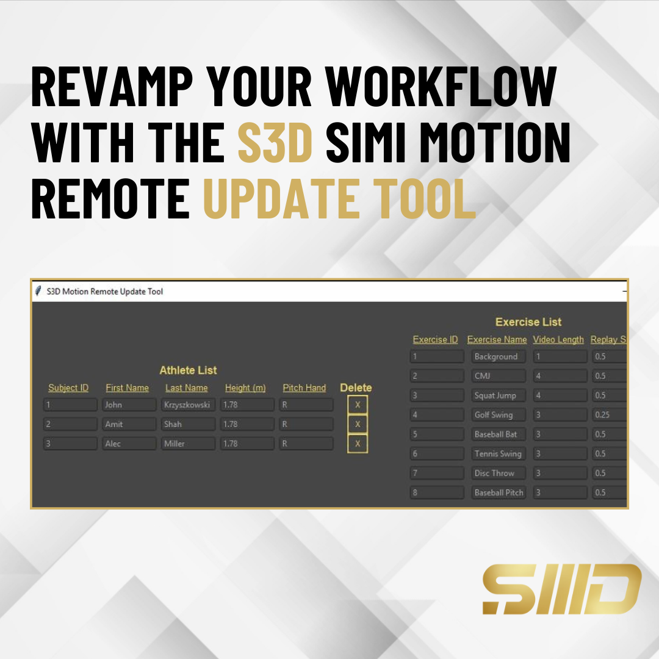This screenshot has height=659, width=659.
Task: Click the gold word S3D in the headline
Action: coord(275,142)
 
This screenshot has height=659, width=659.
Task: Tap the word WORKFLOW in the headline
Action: coord(441,86)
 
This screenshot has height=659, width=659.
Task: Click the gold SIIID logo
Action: coord(562,589)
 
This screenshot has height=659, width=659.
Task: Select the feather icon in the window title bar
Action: coord(38,291)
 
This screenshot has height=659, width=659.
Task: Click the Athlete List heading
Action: coord(188,370)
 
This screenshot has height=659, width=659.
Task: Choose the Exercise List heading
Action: coord(528,322)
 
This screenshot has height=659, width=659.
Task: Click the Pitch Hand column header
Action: coord(304,388)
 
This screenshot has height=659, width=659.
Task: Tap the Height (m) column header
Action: coord(245,388)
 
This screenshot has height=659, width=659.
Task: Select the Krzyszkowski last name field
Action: coord(188,405)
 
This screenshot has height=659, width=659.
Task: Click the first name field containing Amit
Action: coord(129,424)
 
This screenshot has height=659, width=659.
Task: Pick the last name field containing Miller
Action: coord(188,444)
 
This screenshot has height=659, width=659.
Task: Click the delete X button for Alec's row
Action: coord(358,444)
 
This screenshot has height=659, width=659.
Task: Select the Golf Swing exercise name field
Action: coord(499,415)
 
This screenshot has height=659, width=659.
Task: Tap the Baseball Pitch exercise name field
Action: coord(499,492)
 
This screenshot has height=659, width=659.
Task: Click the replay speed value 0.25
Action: coord(602,415)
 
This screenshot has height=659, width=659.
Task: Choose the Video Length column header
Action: coord(558,340)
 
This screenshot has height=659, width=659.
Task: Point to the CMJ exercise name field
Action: coord(499,376)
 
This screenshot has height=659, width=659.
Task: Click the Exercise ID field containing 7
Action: coord(437,473)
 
